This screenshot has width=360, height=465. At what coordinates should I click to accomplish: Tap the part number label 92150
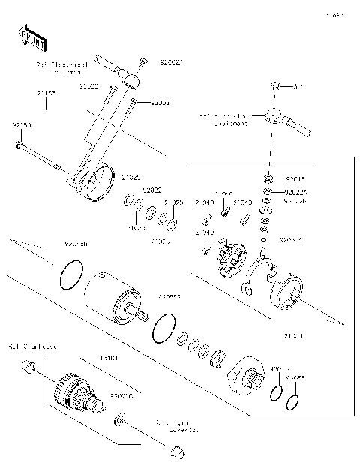pyautogui.click(x=21, y=127)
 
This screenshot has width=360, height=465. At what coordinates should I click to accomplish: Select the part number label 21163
pyautogui.click(x=46, y=94)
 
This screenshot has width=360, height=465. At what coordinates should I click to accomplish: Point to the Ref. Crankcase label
pyautogui.click(x=32, y=347)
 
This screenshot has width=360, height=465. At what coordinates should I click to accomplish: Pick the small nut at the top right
pyautogui.click(x=276, y=88)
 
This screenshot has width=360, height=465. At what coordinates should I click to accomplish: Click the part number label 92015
pyautogui.click(x=295, y=181)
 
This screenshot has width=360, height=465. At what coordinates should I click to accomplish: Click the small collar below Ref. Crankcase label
pyautogui.click(x=28, y=367)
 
